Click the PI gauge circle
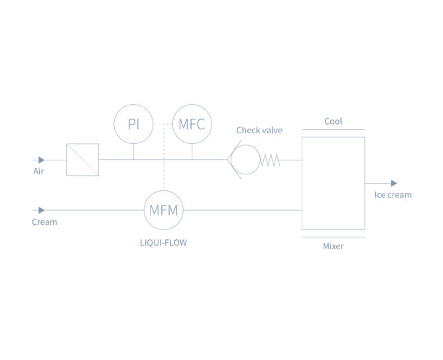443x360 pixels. pos(133,123)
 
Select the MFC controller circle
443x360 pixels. pos(192,124)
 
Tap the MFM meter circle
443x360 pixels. pos(163,210)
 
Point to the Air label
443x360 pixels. pos(38,171)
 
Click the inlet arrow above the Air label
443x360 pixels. pos(40,160)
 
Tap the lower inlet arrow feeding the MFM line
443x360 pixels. pos(40,210)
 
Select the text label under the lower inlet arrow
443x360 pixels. pos(44,222)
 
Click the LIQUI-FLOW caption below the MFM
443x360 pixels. pos(163,243)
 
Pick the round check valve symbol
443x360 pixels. pos(245,160)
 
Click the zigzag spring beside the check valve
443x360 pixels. pos(272,160)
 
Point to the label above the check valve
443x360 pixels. pos(259,131)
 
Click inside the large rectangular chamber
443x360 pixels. pos(333,183)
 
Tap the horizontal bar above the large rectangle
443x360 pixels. pos(333,130)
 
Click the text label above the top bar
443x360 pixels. pos(333,121)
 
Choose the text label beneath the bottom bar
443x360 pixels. pos(333,247)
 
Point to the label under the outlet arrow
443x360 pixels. pos(393,195)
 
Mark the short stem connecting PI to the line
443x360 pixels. pos(133,151)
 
